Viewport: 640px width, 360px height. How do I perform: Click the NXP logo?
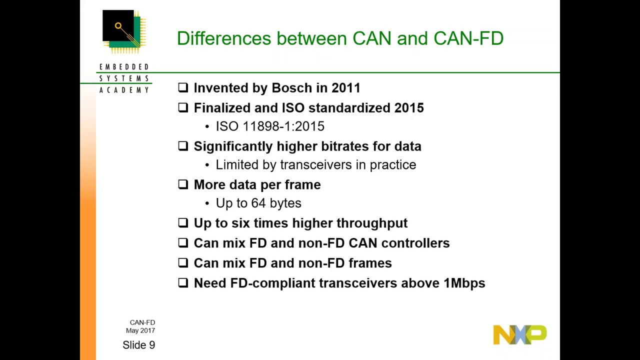tap(519, 334)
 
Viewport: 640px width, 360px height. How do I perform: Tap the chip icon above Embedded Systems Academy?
tap(124, 31)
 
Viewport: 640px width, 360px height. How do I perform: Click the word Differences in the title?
tap(223, 38)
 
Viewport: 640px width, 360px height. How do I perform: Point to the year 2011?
tap(345, 88)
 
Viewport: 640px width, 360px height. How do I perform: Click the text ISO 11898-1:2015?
tap(270, 126)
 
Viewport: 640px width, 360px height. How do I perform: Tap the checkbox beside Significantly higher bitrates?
tap(183, 146)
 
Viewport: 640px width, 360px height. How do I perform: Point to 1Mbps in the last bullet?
tap(464, 283)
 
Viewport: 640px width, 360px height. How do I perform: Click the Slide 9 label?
tap(138, 345)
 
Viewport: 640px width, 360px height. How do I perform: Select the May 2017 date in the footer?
tap(140, 330)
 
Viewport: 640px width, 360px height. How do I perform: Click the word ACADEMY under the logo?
tap(124, 90)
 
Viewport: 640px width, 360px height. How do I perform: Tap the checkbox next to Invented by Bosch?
tap(183, 87)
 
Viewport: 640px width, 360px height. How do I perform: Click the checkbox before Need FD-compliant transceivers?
tap(183, 282)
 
